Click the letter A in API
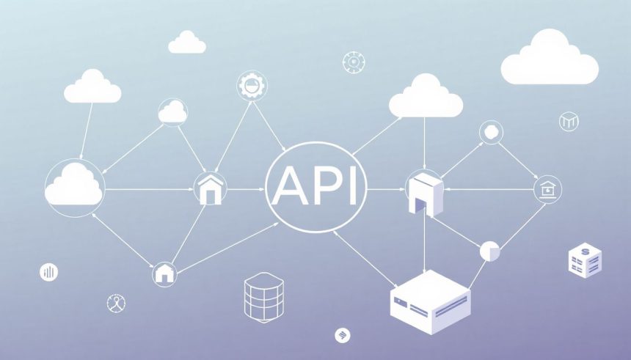point(290,185)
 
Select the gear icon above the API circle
point(252,86)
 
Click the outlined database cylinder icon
point(264,297)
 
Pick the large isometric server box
point(430,301)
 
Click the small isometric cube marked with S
point(585,260)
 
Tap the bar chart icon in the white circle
point(48,272)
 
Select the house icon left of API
point(210,188)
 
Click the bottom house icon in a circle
point(164,274)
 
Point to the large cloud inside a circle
point(75,188)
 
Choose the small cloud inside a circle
point(172,112)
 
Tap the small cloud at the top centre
point(186,43)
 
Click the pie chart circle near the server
point(489,251)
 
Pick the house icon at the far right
point(547,189)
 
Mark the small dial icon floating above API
point(354,62)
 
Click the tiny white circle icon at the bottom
point(343,336)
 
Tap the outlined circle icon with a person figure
point(117,303)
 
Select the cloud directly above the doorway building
point(426,96)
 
